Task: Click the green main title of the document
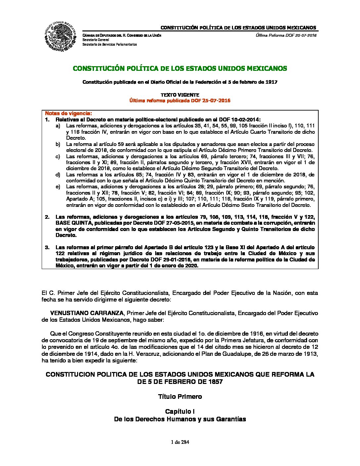(x=180, y=69)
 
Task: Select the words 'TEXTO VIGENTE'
(x=180, y=95)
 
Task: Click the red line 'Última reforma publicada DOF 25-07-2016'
(x=180, y=101)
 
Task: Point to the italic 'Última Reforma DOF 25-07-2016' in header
(x=286, y=35)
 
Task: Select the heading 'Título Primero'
(x=180, y=396)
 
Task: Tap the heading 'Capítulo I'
(x=180, y=411)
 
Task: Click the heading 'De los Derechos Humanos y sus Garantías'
(x=180, y=419)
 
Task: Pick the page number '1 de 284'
(x=180, y=442)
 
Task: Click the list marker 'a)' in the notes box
(x=58, y=126)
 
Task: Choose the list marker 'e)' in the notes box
(x=58, y=187)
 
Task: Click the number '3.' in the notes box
(x=47, y=248)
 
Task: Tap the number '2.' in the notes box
(x=47, y=217)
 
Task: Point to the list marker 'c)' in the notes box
(x=58, y=156)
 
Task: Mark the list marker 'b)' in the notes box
(x=58, y=144)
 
